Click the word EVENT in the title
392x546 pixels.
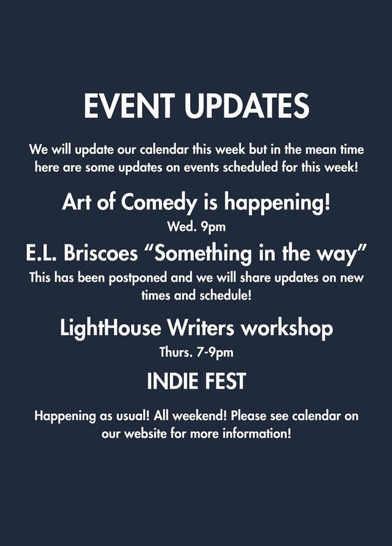[129, 106]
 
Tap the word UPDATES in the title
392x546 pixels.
[247, 106]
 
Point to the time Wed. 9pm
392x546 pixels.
[196, 227]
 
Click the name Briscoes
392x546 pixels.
[101, 253]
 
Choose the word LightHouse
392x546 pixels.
[110, 328]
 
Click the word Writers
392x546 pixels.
[201, 328]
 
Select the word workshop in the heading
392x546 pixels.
[287, 329]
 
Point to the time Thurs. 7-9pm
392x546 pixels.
[196, 352]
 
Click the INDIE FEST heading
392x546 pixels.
[196, 381]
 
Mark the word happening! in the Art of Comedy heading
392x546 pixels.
[277, 202]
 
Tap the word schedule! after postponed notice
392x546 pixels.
[225, 296]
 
